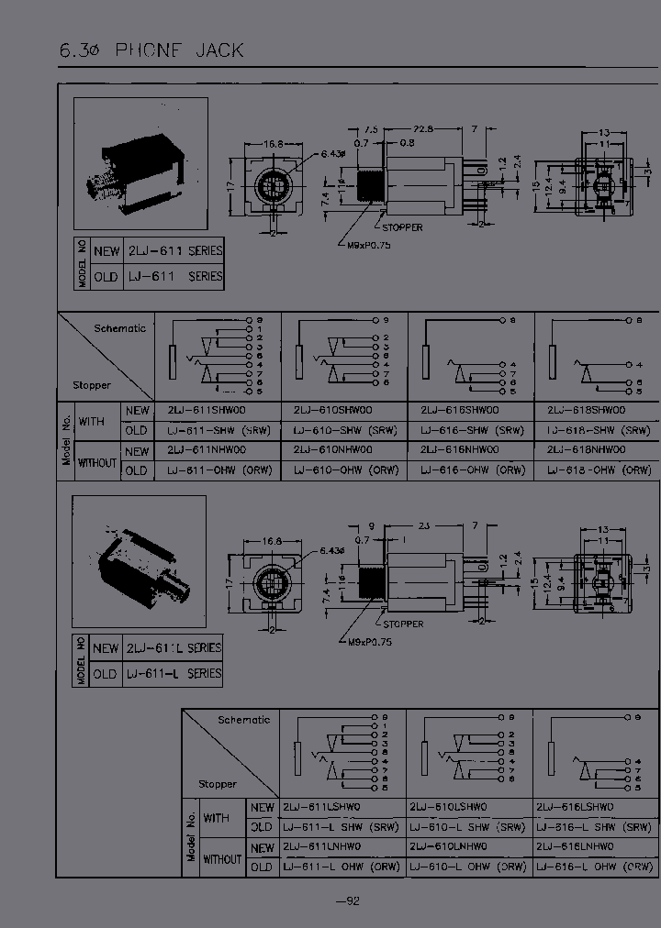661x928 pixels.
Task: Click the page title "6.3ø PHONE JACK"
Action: [152, 50]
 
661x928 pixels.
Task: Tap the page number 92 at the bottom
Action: [347, 900]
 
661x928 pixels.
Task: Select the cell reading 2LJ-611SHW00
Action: [207, 411]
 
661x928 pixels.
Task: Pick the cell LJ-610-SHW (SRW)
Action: [347, 430]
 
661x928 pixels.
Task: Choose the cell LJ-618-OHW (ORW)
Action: [599, 470]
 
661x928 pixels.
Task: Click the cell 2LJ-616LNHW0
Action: [575, 847]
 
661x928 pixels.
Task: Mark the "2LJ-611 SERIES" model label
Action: [174, 250]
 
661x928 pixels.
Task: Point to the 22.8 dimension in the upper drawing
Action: [424, 129]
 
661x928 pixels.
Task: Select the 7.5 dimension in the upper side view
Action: [372, 129]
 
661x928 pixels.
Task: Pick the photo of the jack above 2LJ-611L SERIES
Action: [139, 560]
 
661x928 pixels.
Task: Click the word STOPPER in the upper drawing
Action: [402, 226]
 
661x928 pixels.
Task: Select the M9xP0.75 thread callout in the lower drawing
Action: [370, 642]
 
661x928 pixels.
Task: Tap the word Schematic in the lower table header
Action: [243, 720]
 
